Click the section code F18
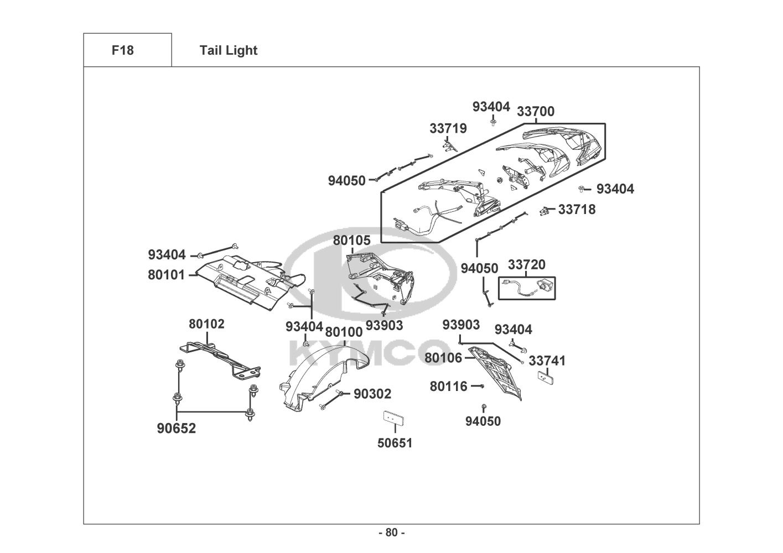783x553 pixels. click(x=122, y=50)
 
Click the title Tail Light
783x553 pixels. click(x=229, y=50)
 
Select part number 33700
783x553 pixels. click(x=535, y=112)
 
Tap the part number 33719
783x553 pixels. click(x=448, y=129)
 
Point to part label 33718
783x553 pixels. click(x=577, y=210)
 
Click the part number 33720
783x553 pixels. click(x=526, y=265)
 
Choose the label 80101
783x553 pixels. click(x=166, y=274)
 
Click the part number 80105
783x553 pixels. click(x=351, y=240)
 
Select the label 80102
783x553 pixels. click(x=206, y=324)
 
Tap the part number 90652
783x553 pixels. click(x=177, y=429)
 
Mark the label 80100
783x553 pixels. click(x=344, y=332)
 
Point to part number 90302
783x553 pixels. click(x=372, y=394)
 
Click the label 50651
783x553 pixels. click(x=395, y=443)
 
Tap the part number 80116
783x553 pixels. click(x=448, y=387)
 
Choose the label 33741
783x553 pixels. click(x=547, y=361)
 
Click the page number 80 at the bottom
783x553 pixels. click(x=391, y=533)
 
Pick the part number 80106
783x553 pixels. click(x=443, y=358)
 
